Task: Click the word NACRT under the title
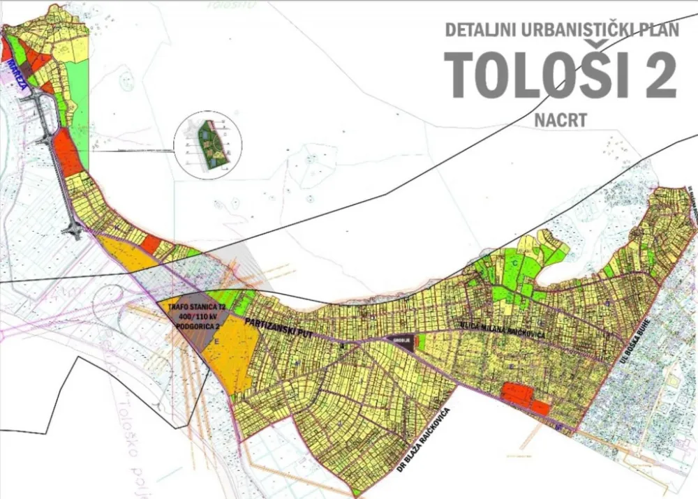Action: click(560, 119)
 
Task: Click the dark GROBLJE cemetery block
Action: click(401, 342)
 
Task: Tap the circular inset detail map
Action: click(207, 144)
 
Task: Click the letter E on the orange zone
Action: click(216, 341)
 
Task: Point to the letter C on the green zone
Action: click(514, 263)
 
